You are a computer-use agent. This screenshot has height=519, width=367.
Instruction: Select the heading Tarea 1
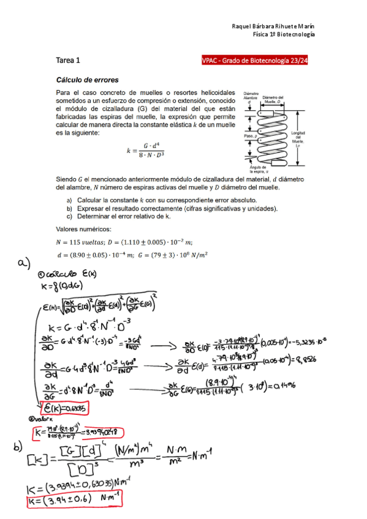click(68, 61)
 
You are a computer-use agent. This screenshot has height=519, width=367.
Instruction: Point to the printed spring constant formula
click(145, 150)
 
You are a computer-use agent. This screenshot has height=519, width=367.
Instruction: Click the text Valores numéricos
click(83, 230)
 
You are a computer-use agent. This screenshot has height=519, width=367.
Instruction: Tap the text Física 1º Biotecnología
click(284, 35)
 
